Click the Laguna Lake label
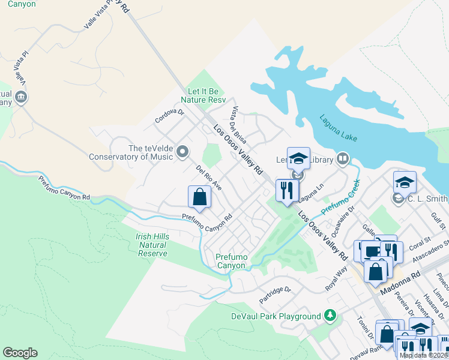point(338,128)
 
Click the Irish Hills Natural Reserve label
point(152,245)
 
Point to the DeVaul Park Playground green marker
point(329,315)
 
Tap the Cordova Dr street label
point(169,115)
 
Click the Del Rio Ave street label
point(209,178)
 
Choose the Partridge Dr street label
point(276,290)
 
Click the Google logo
point(20,353)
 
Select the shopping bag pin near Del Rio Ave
point(199,197)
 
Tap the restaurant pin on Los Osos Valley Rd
point(287,191)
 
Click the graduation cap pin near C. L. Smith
point(405,182)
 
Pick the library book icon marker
point(343,159)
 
